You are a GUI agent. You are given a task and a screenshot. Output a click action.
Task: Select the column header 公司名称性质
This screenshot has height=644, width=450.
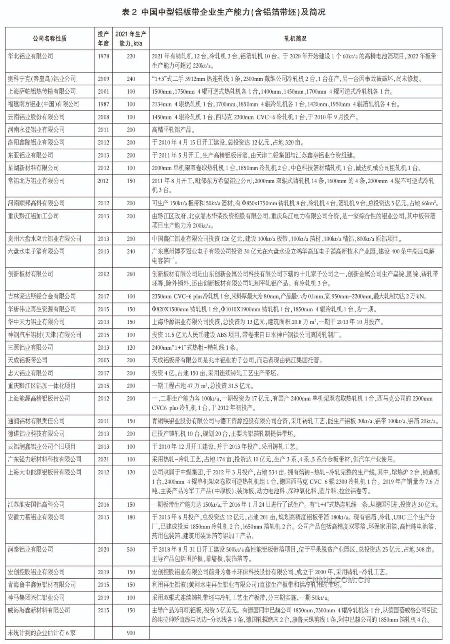[50, 39]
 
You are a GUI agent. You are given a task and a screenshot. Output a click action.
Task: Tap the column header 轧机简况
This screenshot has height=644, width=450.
[295, 39]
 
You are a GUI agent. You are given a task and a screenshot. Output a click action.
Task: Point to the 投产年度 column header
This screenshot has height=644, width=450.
[103, 39]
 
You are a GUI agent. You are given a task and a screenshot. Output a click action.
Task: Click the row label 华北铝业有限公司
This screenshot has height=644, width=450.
[30, 56]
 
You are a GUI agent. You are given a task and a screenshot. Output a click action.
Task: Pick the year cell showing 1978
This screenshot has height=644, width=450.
[103, 56]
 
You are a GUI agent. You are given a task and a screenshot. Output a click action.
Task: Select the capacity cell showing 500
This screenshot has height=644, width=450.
[131, 550]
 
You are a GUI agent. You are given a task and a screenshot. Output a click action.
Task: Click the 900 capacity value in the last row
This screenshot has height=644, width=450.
[131, 633]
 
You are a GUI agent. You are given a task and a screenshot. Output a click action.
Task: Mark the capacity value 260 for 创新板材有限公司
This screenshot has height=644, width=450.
[131, 274]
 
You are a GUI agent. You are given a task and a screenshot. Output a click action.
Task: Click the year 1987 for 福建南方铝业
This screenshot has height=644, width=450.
[103, 104]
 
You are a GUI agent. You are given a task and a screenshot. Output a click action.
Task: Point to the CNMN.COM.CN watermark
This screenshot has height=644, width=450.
[337, 580]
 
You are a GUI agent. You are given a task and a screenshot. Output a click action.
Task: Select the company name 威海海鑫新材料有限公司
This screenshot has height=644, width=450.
[39, 610]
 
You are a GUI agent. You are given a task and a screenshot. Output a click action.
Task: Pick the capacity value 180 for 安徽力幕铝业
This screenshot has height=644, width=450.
[131, 517]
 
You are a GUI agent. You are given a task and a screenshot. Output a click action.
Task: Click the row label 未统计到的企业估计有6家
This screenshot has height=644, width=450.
[42, 633]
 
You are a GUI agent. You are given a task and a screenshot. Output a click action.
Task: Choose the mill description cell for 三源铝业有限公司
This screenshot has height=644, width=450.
[195, 348]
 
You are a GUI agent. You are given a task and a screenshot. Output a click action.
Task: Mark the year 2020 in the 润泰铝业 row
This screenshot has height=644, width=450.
[103, 550]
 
